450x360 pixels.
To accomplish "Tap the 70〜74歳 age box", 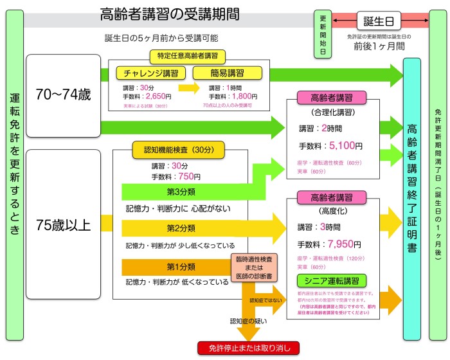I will [x=64, y=95].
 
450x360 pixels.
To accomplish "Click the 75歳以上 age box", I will [x=64, y=226].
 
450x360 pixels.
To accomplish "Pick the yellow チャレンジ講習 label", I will [x=150, y=73].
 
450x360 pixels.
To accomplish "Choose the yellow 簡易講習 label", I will [x=227, y=73].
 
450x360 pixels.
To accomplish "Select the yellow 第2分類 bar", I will [x=181, y=228].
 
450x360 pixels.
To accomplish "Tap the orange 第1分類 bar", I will [x=181, y=266].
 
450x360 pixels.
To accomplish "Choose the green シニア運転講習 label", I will [x=331, y=280].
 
